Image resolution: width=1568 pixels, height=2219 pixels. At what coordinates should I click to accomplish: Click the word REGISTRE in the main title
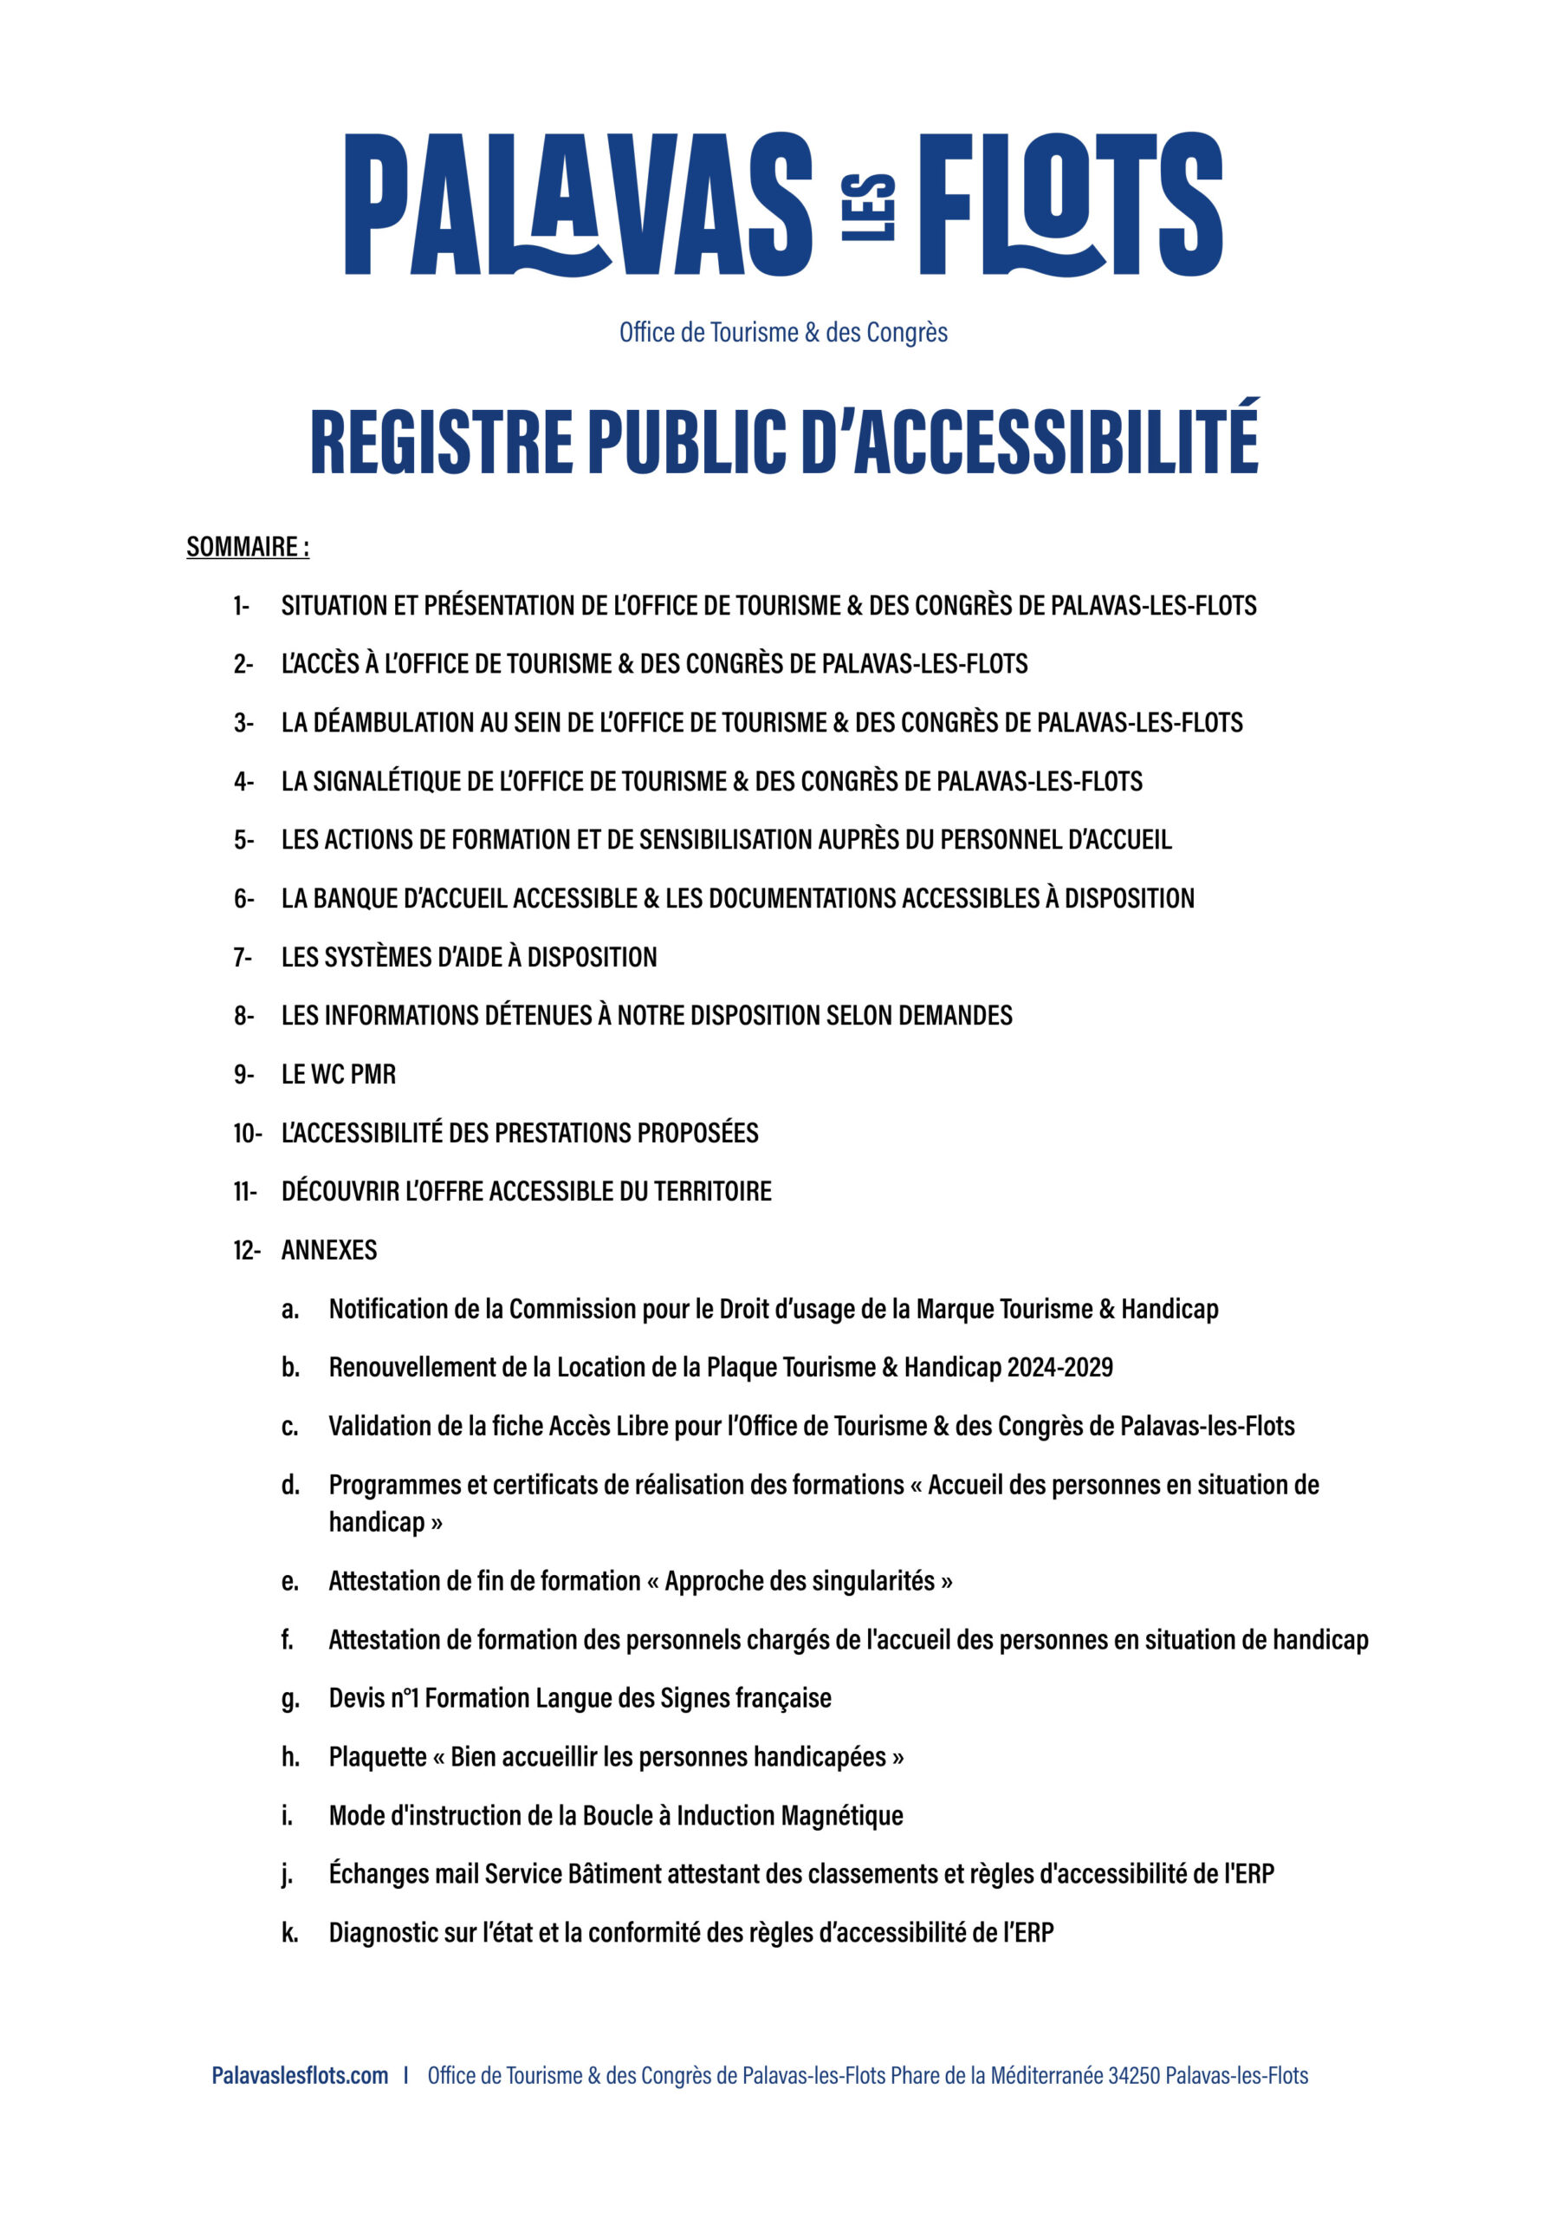click(442, 442)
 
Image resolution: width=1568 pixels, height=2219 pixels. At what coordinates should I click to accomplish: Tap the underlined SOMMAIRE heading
click(247, 547)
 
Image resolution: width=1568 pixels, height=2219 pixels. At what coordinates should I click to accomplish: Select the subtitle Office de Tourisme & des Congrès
click(783, 333)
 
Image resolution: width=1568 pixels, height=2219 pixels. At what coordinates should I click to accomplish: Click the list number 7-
click(243, 957)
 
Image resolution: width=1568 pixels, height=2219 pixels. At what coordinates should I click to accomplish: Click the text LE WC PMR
click(338, 1074)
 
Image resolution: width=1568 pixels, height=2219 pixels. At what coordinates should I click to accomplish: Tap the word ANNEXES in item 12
click(328, 1250)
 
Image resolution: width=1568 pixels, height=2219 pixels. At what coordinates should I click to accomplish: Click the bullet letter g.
click(290, 1698)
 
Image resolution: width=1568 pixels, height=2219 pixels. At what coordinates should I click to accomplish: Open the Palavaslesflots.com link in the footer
click(300, 2075)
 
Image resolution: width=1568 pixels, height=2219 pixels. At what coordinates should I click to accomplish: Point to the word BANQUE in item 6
click(352, 898)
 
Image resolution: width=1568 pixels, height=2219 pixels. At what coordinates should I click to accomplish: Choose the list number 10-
click(246, 1133)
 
